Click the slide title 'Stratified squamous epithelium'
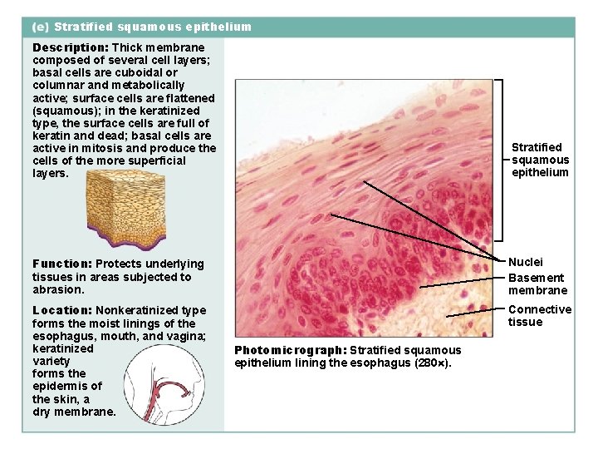point(152,27)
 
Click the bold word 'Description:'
point(70,48)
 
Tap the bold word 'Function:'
point(61,264)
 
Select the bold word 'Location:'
point(61,310)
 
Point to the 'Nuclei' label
point(526,263)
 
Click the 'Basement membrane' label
point(537,284)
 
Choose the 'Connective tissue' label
point(539,316)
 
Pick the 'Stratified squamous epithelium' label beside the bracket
point(540,160)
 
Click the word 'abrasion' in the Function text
point(57,290)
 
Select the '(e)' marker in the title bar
point(40,27)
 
